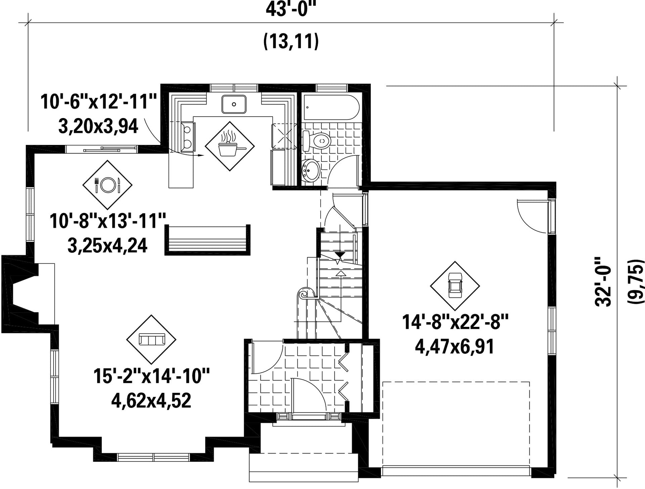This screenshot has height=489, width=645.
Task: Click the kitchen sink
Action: pyautogui.click(x=234, y=104)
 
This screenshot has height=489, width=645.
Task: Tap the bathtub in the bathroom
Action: pyautogui.click(x=331, y=107)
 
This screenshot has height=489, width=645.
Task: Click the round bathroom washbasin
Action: pyautogui.click(x=310, y=170)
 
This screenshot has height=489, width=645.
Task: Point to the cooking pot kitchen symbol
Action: pyautogui.click(x=230, y=146)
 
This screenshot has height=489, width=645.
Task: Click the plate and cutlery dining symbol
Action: pyautogui.click(x=107, y=185)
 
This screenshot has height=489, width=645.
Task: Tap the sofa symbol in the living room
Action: pyautogui.click(x=151, y=339)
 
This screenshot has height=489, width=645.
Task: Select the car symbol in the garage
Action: pyautogui.click(x=455, y=286)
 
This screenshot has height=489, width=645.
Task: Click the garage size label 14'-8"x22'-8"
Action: pyautogui.click(x=455, y=322)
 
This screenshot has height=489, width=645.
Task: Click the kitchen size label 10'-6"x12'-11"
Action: pyautogui.click(x=99, y=102)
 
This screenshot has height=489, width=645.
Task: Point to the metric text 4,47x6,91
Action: pyautogui.click(x=455, y=347)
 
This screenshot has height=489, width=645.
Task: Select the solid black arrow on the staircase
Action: pyautogui.click(x=340, y=255)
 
